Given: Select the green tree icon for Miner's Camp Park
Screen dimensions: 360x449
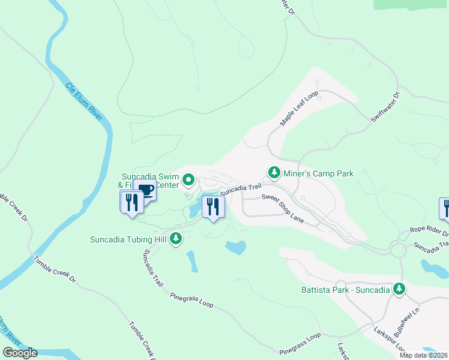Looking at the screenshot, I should point(274,173).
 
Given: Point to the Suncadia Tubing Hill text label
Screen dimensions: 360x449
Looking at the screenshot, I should point(127,239).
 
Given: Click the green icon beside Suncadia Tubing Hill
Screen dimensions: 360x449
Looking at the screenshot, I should point(176,239).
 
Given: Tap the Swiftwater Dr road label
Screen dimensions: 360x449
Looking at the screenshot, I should point(385,108).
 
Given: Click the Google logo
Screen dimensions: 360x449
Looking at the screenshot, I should point(20,353).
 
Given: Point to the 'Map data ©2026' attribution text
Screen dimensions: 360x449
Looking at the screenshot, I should point(423,355).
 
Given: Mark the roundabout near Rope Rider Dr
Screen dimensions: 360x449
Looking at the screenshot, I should point(399,249).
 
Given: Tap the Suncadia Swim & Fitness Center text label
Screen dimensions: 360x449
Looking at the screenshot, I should point(150,181).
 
